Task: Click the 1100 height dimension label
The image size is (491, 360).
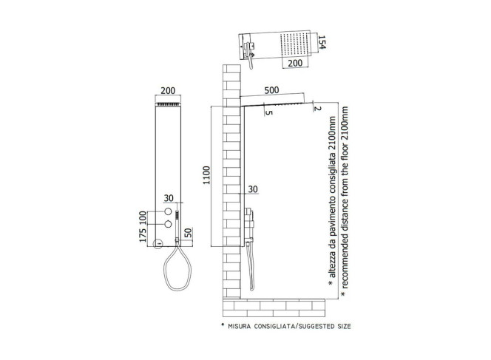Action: tap(206, 175)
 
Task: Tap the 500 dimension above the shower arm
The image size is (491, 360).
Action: tap(271, 90)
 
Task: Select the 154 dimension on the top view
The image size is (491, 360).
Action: tap(322, 42)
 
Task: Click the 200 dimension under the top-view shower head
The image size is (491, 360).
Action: tap(295, 63)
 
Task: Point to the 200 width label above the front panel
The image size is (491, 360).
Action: tap(168, 91)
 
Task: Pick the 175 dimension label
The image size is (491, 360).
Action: tap(143, 235)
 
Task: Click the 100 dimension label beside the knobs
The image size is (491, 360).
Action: tap(143, 217)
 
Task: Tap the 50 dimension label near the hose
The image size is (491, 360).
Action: tap(189, 233)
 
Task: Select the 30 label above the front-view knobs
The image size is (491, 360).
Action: tap(169, 198)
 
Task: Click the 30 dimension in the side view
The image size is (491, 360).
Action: tap(253, 189)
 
